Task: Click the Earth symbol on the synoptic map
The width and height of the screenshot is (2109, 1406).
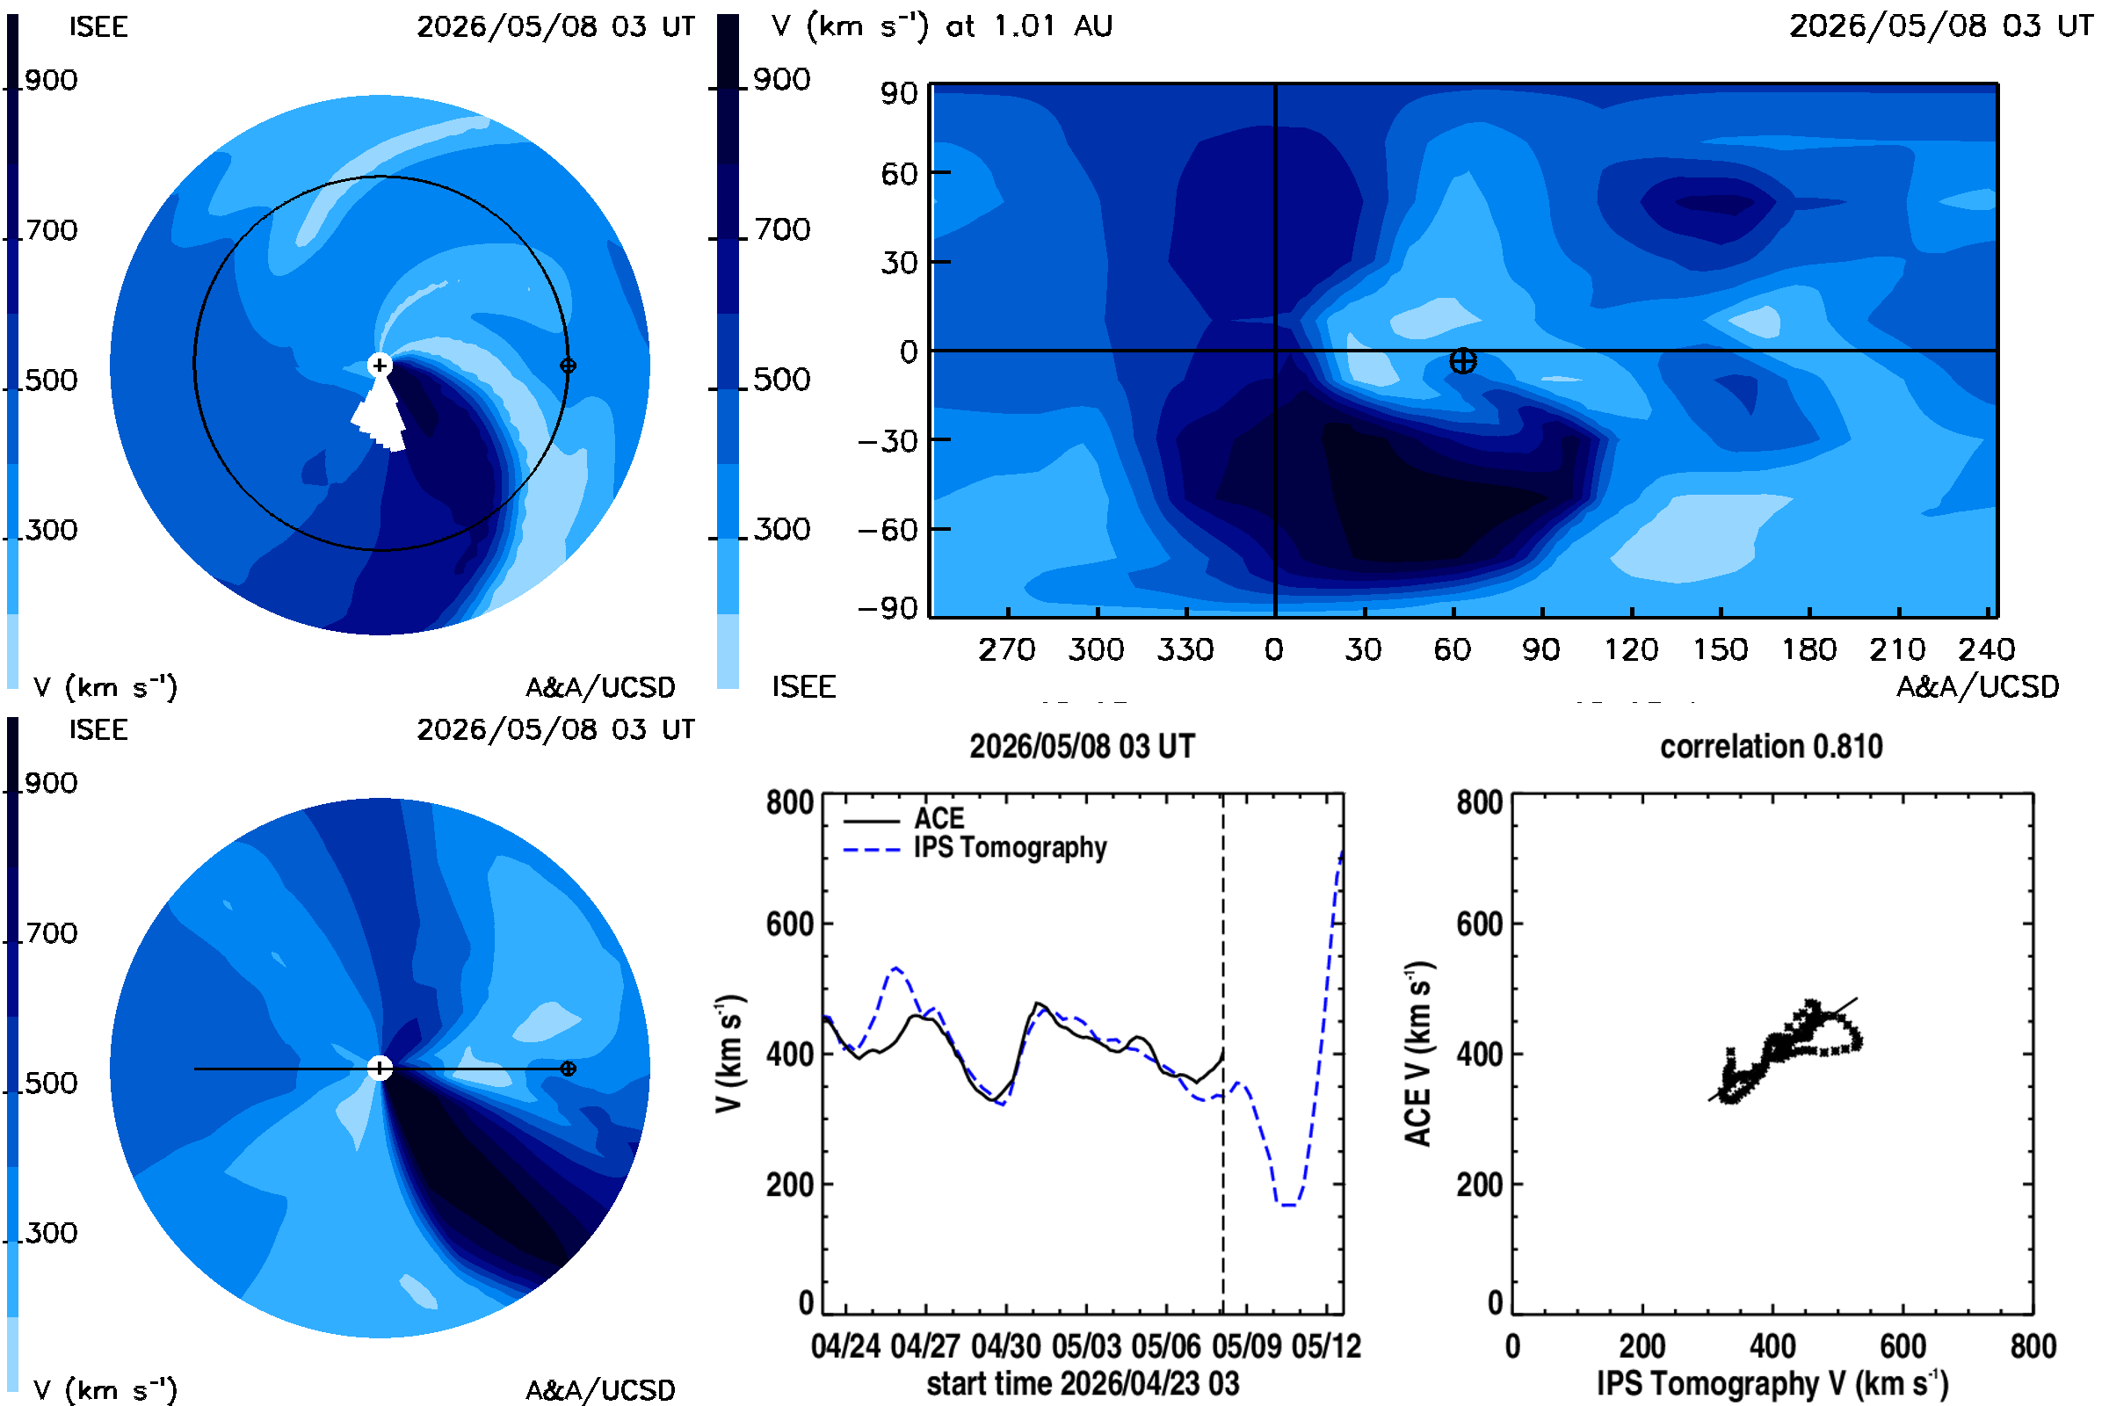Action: pyautogui.click(x=1462, y=361)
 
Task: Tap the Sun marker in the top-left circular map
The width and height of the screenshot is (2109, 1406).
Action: pyautogui.click(x=380, y=365)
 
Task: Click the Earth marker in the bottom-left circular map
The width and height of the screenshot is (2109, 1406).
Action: pyautogui.click(x=568, y=1069)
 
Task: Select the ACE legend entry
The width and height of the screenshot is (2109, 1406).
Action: pyautogui.click(x=904, y=819)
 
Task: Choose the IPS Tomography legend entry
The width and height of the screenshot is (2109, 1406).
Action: pyautogui.click(x=975, y=848)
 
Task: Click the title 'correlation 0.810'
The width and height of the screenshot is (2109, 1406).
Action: pyautogui.click(x=1771, y=746)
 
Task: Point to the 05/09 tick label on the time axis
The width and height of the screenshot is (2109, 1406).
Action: pyautogui.click(x=1245, y=1346)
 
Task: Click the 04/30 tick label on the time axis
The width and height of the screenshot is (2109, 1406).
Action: pyautogui.click(x=1005, y=1346)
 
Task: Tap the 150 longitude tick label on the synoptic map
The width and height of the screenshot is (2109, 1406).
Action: pyautogui.click(x=1720, y=649)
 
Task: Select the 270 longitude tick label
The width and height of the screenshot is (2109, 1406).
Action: pyautogui.click(x=1007, y=649)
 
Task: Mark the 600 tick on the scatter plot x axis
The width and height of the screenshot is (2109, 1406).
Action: pyautogui.click(x=1902, y=1346)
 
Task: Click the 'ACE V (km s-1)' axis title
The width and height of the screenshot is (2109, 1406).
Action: pyautogui.click(x=1418, y=1054)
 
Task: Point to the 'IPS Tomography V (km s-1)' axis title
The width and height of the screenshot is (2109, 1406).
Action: pyautogui.click(x=1772, y=1383)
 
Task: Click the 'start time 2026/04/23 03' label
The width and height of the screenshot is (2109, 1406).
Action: pyautogui.click(x=1083, y=1383)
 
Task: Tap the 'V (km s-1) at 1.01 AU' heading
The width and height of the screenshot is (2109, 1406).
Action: pyautogui.click(x=941, y=26)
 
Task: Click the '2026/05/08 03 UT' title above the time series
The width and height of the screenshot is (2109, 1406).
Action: pyautogui.click(x=1083, y=746)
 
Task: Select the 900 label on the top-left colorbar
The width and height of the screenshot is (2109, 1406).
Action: pyautogui.click(x=51, y=80)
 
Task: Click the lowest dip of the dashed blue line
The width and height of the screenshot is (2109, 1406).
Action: pyautogui.click(x=1287, y=1204)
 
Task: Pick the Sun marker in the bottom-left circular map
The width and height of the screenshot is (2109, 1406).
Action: pyautogui.click(x=380, y=1068)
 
